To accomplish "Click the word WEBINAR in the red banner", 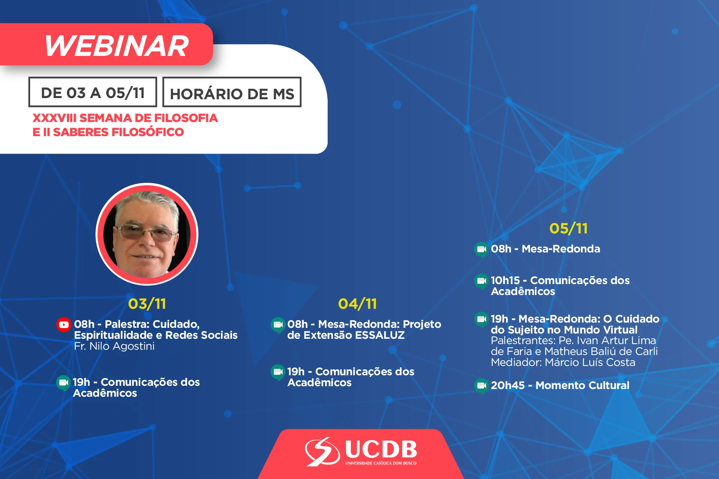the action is pyautogui.click(x=117, y=45).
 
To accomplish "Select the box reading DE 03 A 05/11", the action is pyautogui.click(x=93, y=92).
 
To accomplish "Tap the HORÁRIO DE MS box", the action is pyautogui.click(x=232, y=92).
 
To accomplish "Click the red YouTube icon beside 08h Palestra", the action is pyautogui.click(x=64, y=325).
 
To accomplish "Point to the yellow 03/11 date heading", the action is pyautogui.click(x=147, y=304).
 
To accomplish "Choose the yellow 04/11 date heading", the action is pyautogui.click(x=358, y=304).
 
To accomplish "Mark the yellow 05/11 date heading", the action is pyautogui.click(x=569, y=228).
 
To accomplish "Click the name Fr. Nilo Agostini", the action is pyautogui.click(x=114, y=346).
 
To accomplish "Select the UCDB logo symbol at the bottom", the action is pyautogui.click(x=322, y=451).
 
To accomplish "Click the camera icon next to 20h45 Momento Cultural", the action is pyautogui.click(x=482, y=386).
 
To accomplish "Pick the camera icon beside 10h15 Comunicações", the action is pyautogui.click(x=482, y=281).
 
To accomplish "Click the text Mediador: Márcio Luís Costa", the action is pyautogui.click(x=563, y=362).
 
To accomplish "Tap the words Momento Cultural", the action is pyautogui.click(x=582, y=385).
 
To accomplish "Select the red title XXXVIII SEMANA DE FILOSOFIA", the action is pyautogui.click(x=125, y=118).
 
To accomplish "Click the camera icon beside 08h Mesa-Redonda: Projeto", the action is pyautogui.click(x=278, y=325).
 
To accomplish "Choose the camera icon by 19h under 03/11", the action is pyautogui.click(x=64, y=383).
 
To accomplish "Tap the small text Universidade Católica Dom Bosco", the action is pyautogui.click(x=381, y=463).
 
